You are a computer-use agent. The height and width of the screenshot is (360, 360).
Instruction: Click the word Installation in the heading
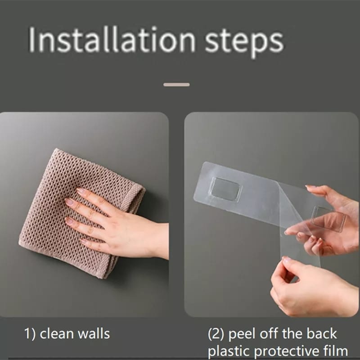point(112,39)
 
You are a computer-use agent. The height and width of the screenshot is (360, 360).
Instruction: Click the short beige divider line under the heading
point(176,85)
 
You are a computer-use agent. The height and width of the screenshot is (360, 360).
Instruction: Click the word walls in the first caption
point(94,333)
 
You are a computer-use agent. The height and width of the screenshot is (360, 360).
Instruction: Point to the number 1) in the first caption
point(30,334)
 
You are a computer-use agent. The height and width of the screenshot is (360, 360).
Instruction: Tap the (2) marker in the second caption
point(216,334)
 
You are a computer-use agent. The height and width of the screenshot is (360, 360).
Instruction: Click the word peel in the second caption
point(242,335)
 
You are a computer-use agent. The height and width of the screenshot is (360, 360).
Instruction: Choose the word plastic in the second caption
point(229,352)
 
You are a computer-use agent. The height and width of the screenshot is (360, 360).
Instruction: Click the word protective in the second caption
point(291,352)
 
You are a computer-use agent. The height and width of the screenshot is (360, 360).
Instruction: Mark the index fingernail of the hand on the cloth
point(81,190)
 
